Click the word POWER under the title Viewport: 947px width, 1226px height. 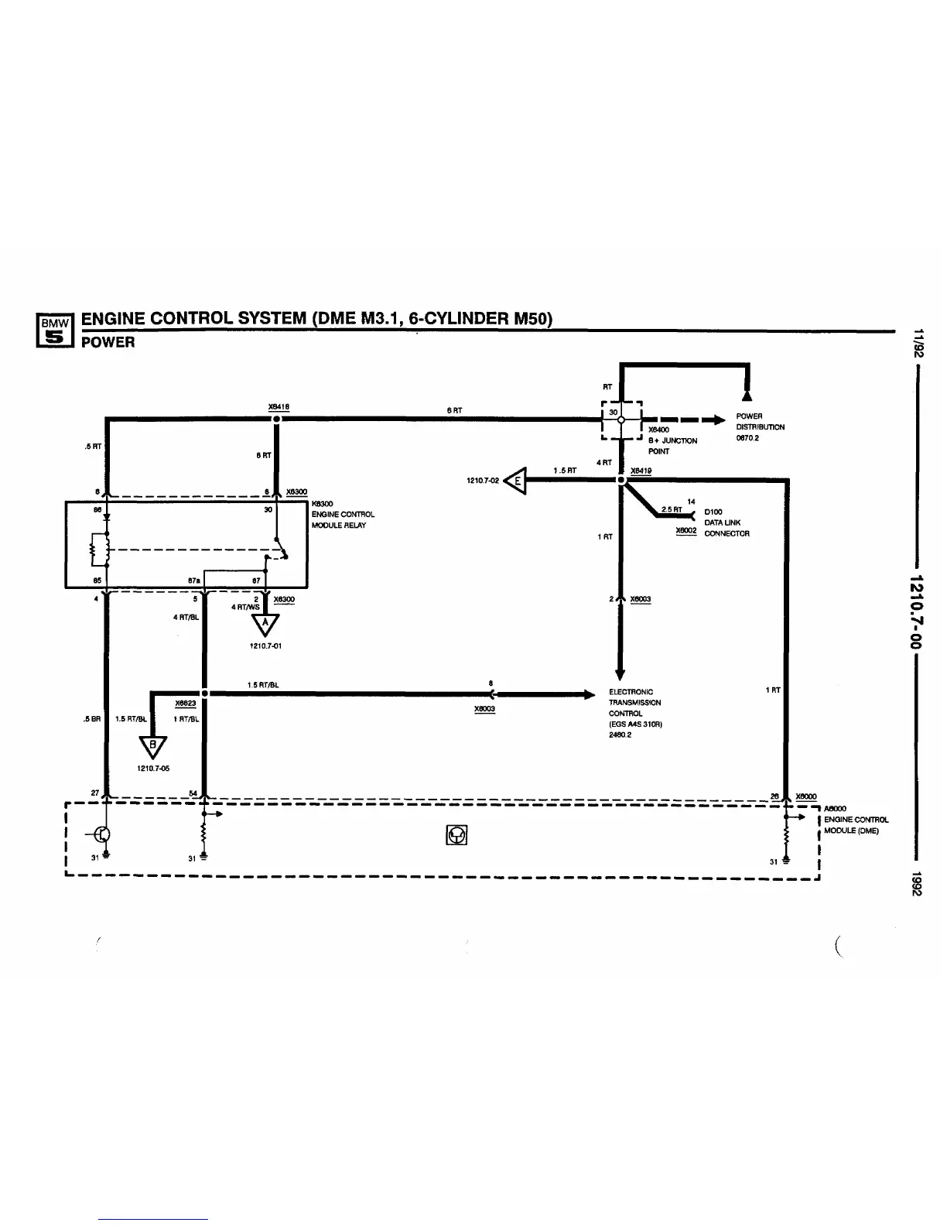tap(108, 342)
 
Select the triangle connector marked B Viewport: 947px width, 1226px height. tap(152, 747)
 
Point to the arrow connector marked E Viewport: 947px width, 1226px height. tap(516, 481)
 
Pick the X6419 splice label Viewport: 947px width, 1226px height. tap(641, 470)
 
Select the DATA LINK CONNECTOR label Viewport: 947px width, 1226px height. tap(726, 528)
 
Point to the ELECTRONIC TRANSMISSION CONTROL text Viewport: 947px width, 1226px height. tap(634, 703)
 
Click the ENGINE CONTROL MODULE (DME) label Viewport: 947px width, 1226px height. tap(856, 824)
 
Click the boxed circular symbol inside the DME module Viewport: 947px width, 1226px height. tap(457, 835)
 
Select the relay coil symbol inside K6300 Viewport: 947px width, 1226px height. tap(97, 548)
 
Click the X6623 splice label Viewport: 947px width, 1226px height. tap(186, 704)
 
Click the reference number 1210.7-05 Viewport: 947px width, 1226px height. tap(153, 769)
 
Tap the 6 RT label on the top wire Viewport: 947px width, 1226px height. tap(454, 410)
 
